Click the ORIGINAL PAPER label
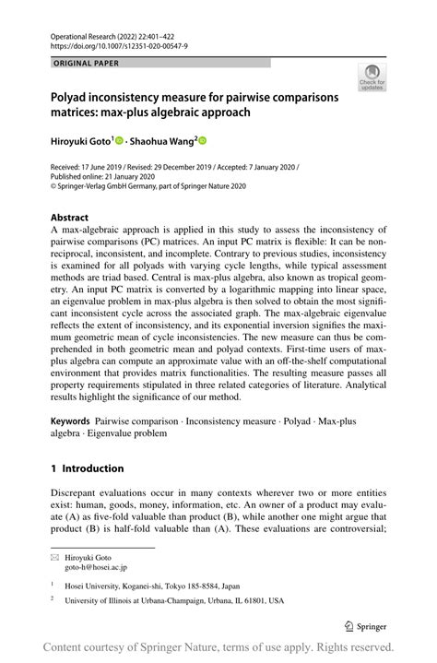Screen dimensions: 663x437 tap(88, 64)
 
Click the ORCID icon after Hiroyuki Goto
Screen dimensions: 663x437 tap(121, 141)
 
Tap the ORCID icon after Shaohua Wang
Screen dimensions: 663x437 tap(203, 141)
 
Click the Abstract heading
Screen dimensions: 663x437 tap(71, 219)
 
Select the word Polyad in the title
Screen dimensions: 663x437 tap(73, 97)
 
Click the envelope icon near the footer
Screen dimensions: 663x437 tap(54, 558)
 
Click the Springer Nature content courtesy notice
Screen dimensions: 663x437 tap(218, 648)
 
